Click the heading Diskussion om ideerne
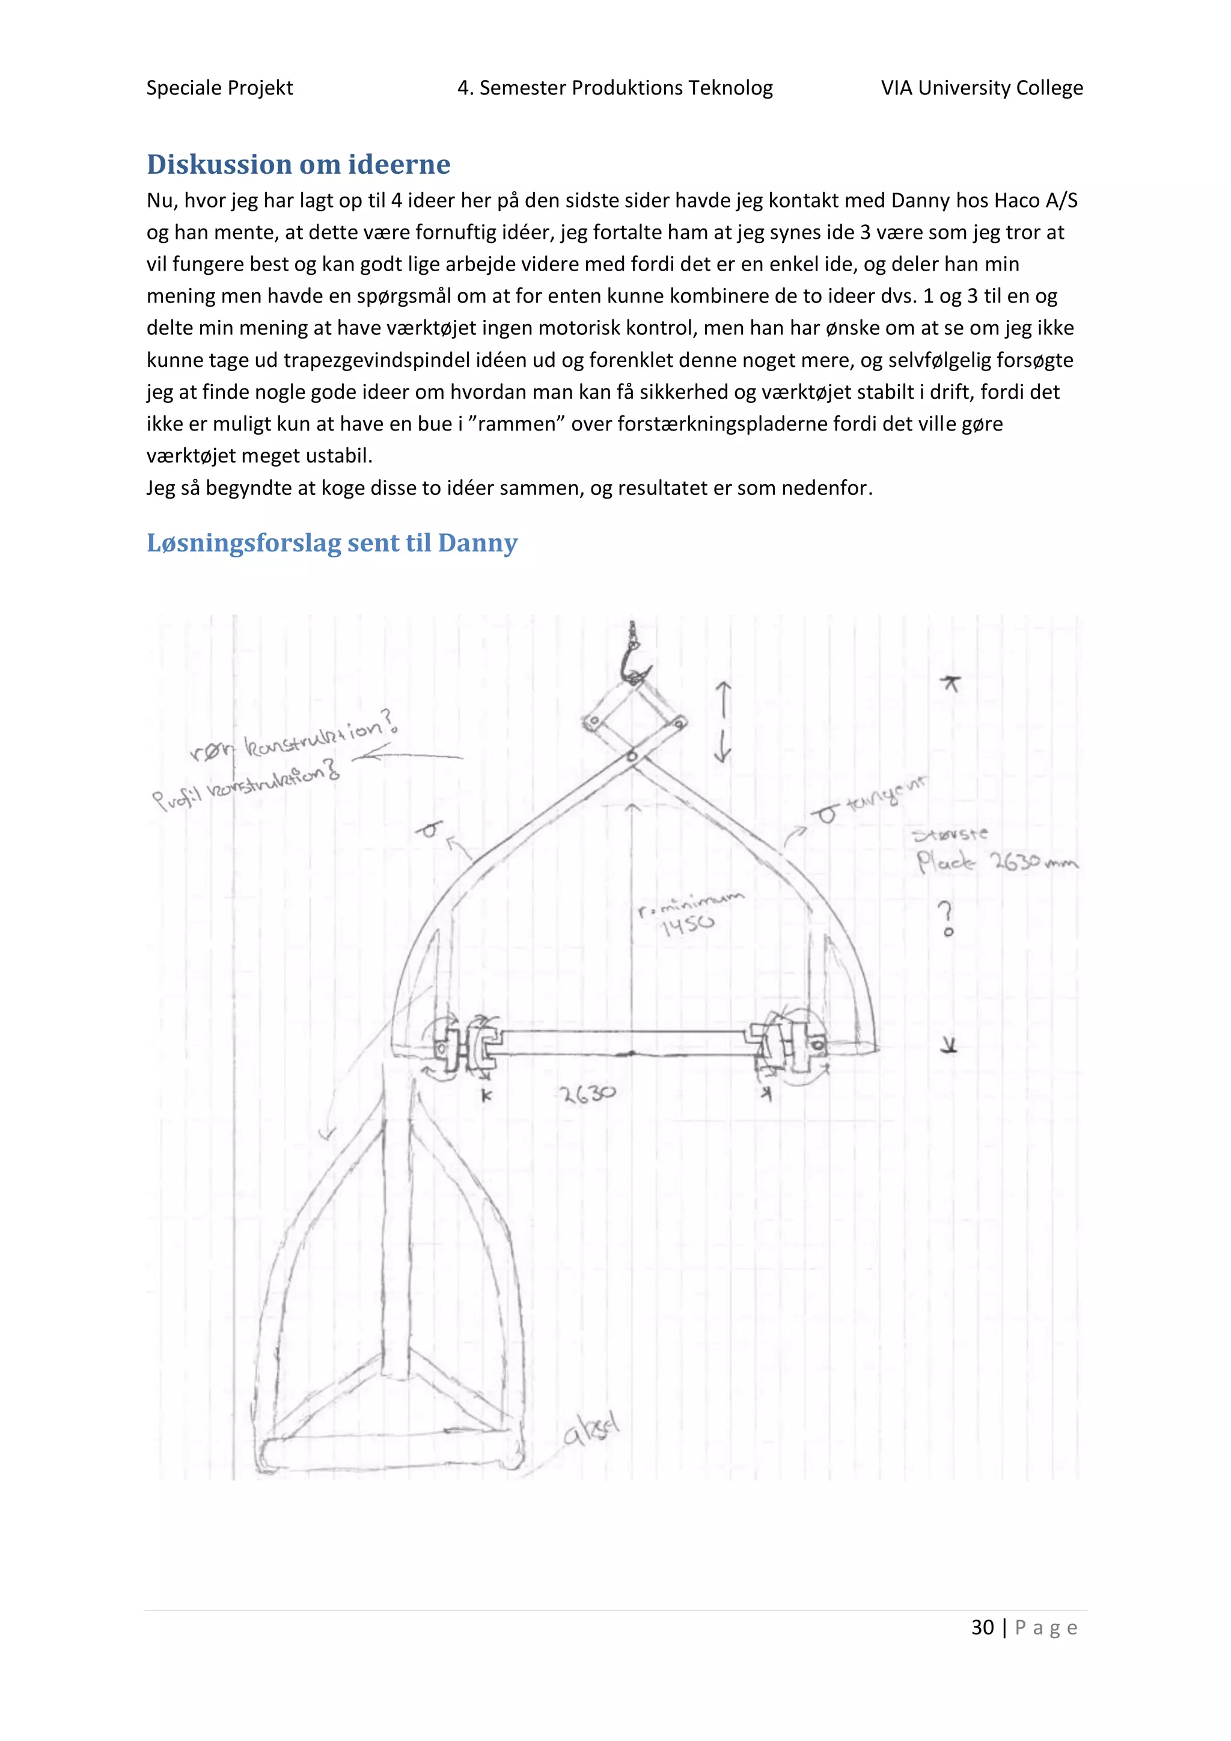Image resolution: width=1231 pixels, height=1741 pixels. pos(298,165)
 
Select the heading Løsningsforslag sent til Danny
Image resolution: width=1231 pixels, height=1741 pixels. pos(332,543)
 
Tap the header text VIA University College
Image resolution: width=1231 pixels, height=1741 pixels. pos(981,88)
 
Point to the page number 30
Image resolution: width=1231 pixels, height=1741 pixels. pos(982,1627)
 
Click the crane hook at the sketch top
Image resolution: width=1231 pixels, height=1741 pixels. pos(633,660)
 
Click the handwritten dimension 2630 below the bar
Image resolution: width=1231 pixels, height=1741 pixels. pos(587,1094)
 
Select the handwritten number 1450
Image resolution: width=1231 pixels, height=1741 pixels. pos(688,925)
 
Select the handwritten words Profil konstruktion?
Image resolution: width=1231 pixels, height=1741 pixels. pos(246,785)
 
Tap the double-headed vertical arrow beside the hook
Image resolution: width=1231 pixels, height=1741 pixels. pos(723,721)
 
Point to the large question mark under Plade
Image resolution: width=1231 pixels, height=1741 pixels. pos(946,918)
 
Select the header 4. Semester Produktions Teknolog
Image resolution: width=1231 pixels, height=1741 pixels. pos(615,88)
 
